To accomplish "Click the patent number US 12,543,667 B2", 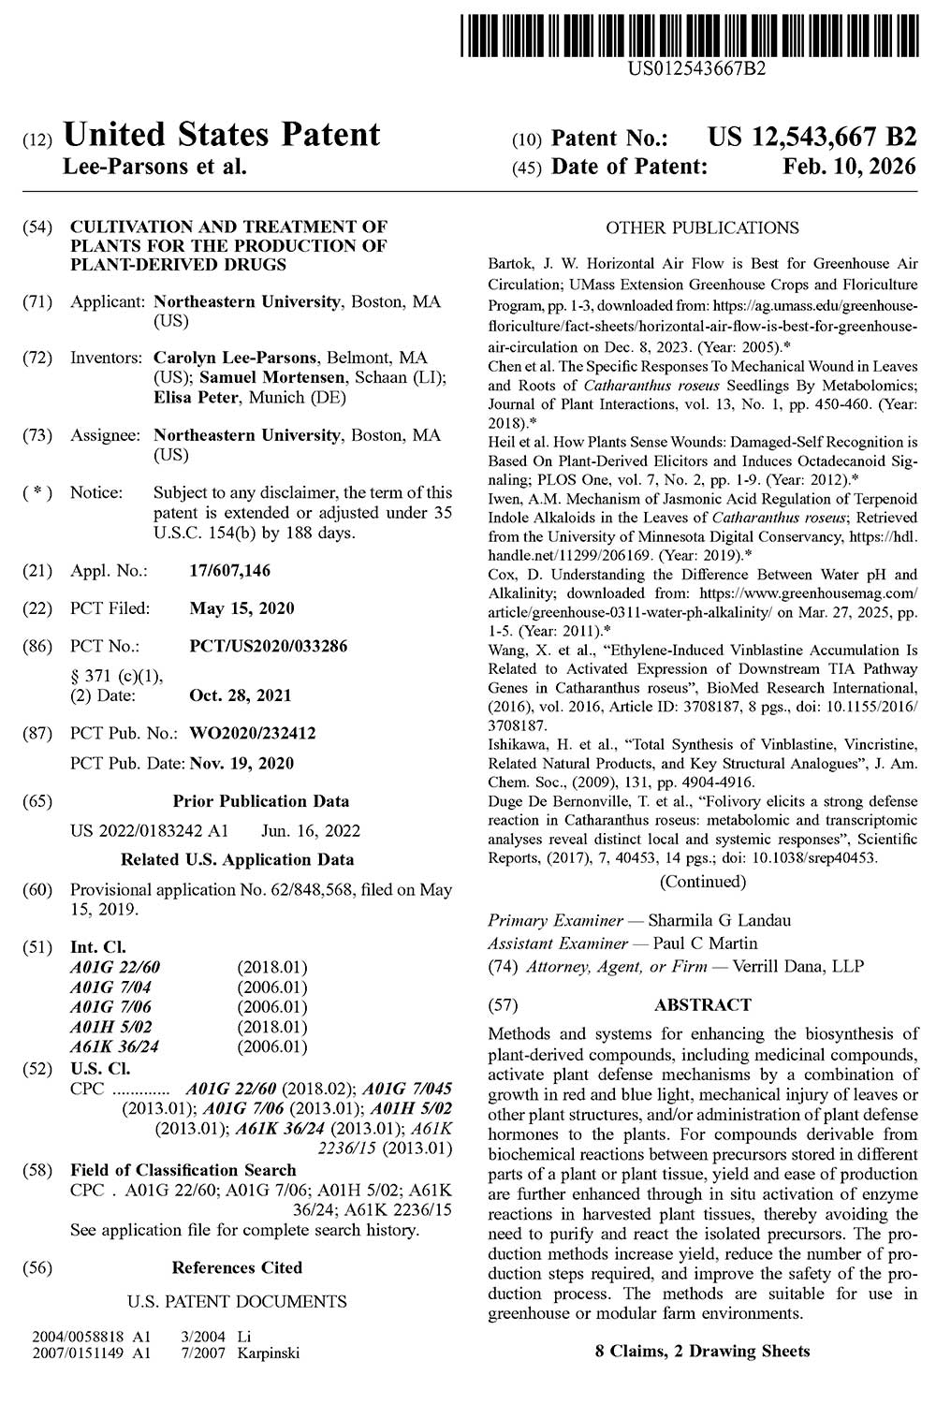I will click(x=812, y=139).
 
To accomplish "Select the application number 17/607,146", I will click(x=229, y=571).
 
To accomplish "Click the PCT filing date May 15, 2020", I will click(x=241, y=608).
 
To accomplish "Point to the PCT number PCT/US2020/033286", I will click(x=269, y=646).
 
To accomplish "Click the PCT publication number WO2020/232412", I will click(x=253, y=733).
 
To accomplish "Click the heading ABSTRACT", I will click(x=702, y=1005).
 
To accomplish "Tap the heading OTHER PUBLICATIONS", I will click(x=702, y=227).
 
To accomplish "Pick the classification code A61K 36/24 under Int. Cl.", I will click(x=114, y=1046).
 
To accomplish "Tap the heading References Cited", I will click(x=237, y=1267).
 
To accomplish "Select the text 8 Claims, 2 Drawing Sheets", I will click(x=702, y=1351).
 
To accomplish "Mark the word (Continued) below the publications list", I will click(x=703, y=881).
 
